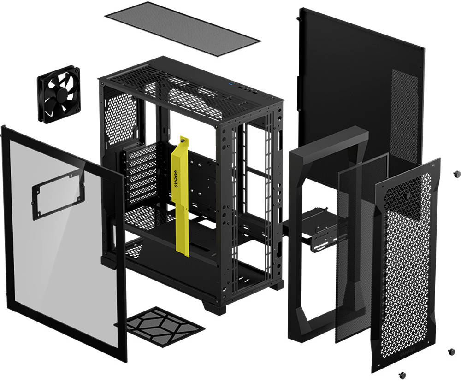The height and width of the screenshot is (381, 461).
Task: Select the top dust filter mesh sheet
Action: click(x=182, y=29)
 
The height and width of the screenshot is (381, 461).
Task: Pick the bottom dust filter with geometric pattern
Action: click(x=165, y=325)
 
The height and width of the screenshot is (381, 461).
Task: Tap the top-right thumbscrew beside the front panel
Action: click(x=457, y=174)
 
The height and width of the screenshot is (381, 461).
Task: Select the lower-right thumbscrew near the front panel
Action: click(x=451, y=352)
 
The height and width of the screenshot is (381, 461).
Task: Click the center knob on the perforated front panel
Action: click(x=408, y=195)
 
